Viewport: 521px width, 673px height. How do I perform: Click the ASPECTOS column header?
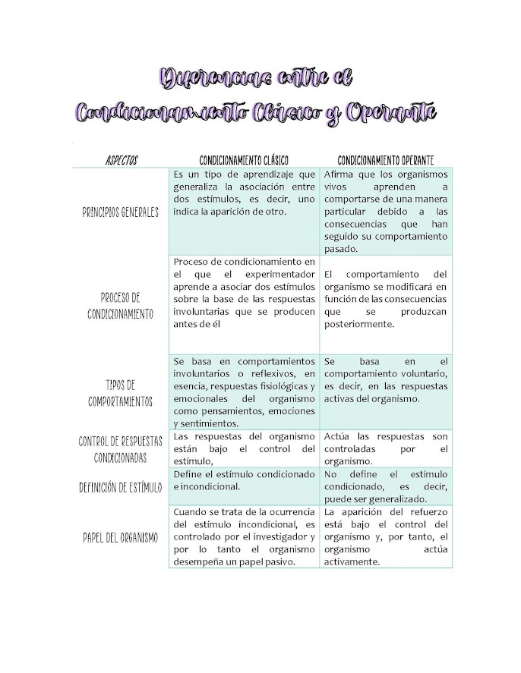[x=122, y=160]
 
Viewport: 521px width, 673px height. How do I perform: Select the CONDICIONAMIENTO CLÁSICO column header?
[x=245, y=160]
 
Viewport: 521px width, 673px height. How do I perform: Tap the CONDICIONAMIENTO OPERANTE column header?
[x=386, y=160]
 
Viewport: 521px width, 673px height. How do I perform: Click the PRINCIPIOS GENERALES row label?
[x=121, y=212]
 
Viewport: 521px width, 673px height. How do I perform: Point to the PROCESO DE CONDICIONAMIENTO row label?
[x=121, y=305]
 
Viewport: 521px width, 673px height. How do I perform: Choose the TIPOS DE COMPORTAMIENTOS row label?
[x=121, y=393]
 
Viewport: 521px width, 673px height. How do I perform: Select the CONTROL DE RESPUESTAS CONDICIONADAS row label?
[x=121, y=450]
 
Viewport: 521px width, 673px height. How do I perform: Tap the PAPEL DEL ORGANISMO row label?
[x=121, y=537]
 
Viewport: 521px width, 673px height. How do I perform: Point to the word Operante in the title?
[x=393, y=112]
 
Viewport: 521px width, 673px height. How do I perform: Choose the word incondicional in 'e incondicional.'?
[x=210, y=486]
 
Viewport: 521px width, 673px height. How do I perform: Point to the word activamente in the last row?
[x=351, y=561]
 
